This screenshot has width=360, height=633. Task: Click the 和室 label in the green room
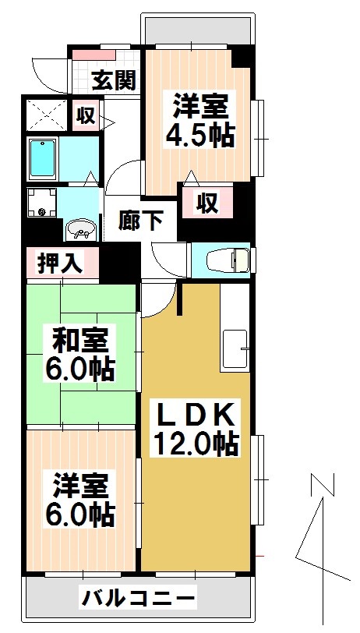point(82,340)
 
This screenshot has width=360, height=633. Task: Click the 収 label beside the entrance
point(85,116)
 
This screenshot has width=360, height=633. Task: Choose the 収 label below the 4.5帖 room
point(206,203)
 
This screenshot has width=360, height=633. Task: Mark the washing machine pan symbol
point(43,203)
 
